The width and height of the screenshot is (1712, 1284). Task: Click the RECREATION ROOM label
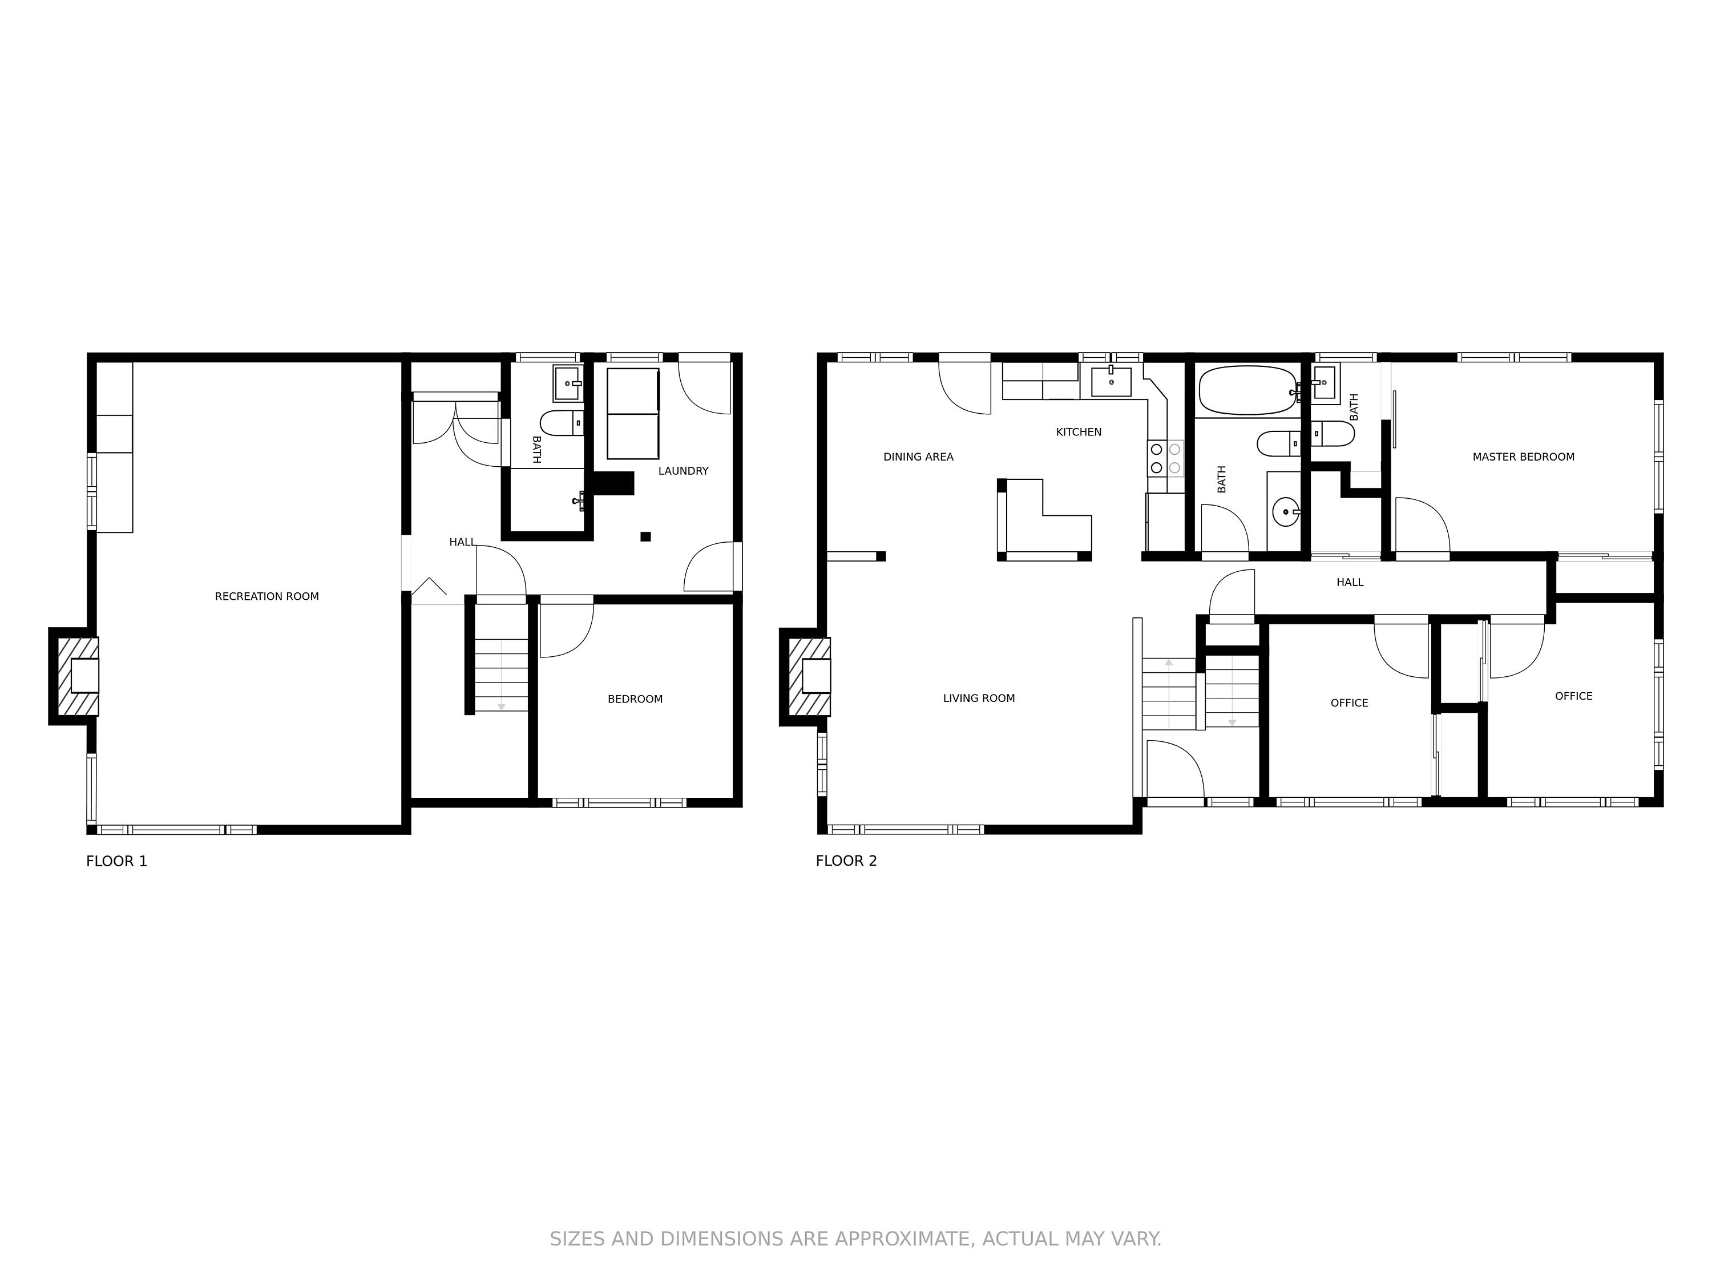267,596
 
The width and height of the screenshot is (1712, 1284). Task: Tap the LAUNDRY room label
684,471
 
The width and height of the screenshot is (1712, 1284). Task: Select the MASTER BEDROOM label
1523,457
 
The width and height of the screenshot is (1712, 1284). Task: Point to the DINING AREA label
919,457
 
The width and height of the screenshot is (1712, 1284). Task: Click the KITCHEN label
1079,432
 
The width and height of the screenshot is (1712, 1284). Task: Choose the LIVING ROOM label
979,698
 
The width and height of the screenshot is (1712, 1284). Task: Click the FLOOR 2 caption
847,861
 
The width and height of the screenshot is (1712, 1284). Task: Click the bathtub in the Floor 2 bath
1247,391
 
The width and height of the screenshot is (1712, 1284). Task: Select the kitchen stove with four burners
1165,458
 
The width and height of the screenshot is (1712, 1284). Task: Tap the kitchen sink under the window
1112,382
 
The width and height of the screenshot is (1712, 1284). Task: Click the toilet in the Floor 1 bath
562,423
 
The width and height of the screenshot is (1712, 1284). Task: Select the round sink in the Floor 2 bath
1286,511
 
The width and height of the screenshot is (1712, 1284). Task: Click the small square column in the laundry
645,536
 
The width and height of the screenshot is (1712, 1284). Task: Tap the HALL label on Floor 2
1350,582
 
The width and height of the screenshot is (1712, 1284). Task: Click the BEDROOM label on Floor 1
635,699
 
